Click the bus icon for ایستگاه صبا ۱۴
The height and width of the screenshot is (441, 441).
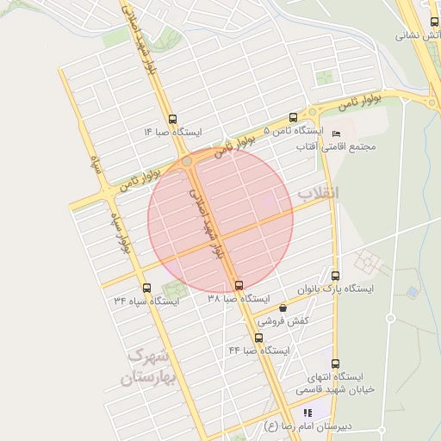click(173, 120)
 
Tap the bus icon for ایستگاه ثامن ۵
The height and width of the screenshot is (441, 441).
click(293, 118)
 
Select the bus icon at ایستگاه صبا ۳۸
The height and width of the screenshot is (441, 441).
click(239, 285)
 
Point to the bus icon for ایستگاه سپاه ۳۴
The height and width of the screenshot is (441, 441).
click(146, 289)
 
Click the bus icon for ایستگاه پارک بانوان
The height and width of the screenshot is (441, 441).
click(335, 276)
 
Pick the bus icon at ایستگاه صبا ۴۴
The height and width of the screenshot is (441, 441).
click(258, 338)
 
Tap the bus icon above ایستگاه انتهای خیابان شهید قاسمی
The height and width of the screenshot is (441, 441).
click(335, 363)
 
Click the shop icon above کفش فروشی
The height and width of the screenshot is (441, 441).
click(283, 307)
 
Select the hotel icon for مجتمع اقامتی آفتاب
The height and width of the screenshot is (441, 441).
click(336, 134)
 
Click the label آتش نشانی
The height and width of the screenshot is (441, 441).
click(417, 36)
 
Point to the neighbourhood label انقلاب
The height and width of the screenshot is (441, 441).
click(318, 194)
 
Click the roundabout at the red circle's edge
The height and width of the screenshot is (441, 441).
click(187, 161)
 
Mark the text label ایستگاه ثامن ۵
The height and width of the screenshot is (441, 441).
click(292, 132)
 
